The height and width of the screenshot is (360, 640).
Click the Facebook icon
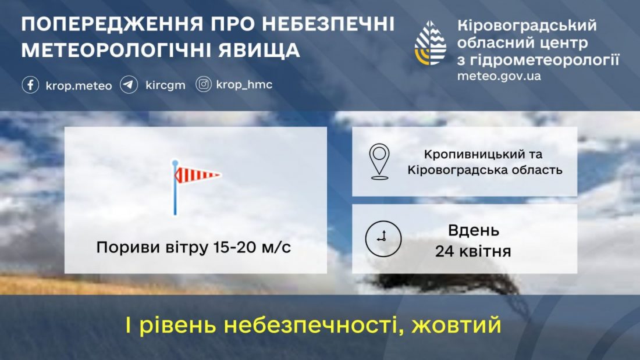click(x=30, y=85)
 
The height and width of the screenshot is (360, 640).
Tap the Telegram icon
click(x=129, y=85)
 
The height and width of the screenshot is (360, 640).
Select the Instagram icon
click(x=203, y=84)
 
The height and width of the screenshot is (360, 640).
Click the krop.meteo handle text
click(x=79, y=85)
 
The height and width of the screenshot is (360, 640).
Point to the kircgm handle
click(x=165, y=85)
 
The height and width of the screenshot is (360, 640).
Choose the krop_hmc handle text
click(x=244, y=84)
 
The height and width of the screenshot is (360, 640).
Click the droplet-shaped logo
click(x=430, y=43)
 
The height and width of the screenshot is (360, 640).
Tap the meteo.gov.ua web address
click(x=499, y=76)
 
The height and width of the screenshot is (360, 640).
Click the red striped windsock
click(x=198, y=175)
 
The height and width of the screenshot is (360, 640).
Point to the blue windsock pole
click(x=175, y=187)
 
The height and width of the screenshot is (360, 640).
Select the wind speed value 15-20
click(x=234, y=247)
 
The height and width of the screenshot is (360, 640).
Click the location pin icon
click(x=379, y=162)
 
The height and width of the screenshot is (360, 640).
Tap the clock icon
click(x=383, y=239)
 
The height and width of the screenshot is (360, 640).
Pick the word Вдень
click(x=474, y=231)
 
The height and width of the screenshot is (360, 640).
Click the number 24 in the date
click(x=445, y=251)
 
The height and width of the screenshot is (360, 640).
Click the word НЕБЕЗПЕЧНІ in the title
click(x=328, y=24)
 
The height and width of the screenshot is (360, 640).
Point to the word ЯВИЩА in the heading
click(x=259, y=50)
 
